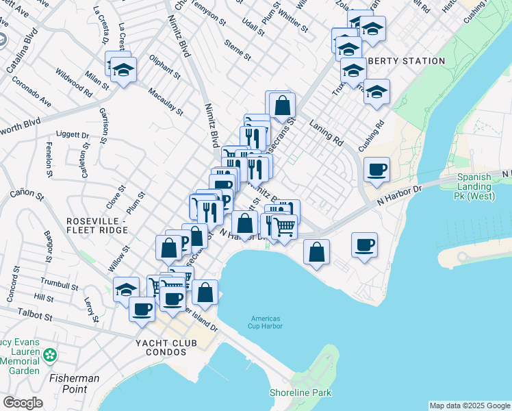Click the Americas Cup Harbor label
click(x=266, y=322)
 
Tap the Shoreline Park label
click(x=300, y=393)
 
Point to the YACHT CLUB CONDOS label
click(x=162, y=347)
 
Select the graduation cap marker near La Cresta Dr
click(x=123, y=70)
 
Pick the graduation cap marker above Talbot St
click(x=125, y=290)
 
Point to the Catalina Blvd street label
click(x=21, y=51)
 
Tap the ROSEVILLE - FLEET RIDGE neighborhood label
click(x=97, y=226)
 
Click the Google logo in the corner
click(x=23, y=403)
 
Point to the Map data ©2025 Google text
click(x=469, y=406)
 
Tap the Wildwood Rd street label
click(x=75, y=80)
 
